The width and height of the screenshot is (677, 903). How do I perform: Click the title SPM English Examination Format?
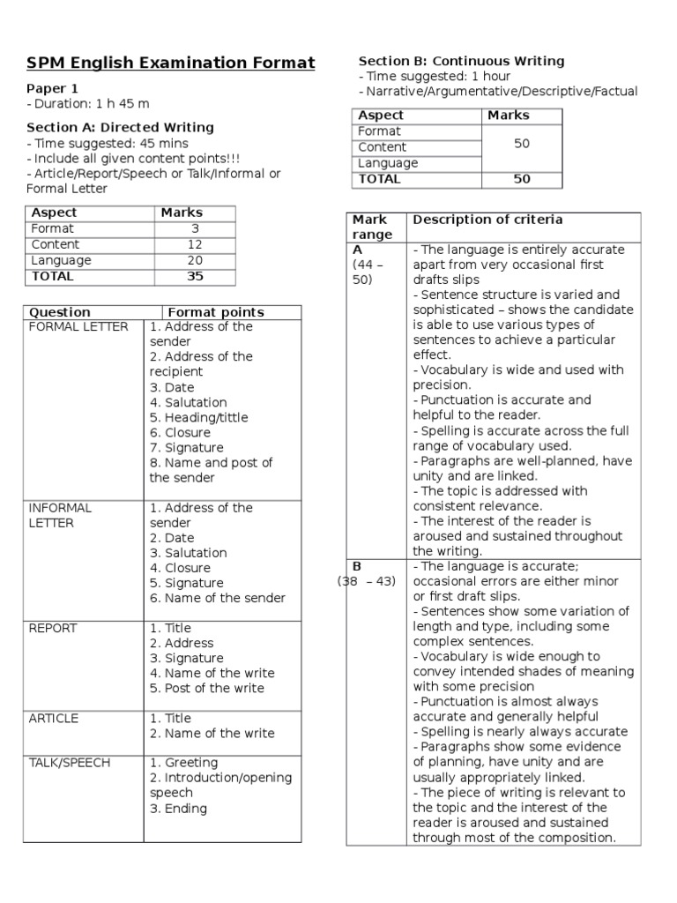pyautogui.click(x=170, y=63)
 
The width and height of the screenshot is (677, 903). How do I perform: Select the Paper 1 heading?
pyautogui.click(x=52, y=88)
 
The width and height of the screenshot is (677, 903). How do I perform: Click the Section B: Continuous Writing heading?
pyautogui.click(x=461, y=61)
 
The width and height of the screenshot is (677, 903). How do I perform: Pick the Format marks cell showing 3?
pyautogui.click(x=194, y=228)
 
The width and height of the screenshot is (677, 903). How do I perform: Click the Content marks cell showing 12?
pyautogui.click(x=195, y=244)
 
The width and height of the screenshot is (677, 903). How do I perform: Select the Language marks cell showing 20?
pyautogui.click(x=195, y=260)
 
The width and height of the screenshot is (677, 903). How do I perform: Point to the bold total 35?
pyautogui.click(x=195, y=276)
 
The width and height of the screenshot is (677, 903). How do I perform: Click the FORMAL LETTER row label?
pyautogui.click(x=78, y=327)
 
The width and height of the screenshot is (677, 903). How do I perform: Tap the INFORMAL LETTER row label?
pyautogui.click(x=60, y=516)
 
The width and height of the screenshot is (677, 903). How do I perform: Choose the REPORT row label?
pyautogui.click(x=53, y=629)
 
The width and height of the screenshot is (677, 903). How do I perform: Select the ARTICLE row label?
pyautogui.click(x=54, y=719)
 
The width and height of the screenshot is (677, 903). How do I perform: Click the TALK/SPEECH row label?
pyautogui.click(x=70, y=763)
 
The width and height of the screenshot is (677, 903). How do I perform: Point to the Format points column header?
pyautogui.click(x=216, y=312)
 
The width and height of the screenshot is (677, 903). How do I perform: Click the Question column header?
pyautogui.click(x=60, y=312)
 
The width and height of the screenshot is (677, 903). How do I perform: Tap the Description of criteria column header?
pyautogui.click(x=487, y=220)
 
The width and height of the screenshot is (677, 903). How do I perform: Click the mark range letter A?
pyautogui.click(x=358, y=250)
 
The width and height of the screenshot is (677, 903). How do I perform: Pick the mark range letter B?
pyautogui.click(x=357, y=566)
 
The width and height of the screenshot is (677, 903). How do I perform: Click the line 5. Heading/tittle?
pyautogui.click(x=199, y=418)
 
